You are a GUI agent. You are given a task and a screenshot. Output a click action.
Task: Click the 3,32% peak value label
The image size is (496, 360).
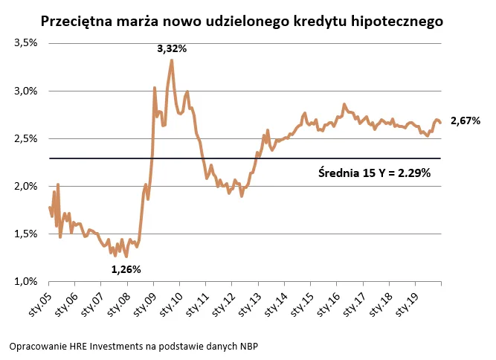coord(171,48)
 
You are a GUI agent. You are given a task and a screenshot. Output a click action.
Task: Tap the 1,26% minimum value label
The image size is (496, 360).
coord(126,269)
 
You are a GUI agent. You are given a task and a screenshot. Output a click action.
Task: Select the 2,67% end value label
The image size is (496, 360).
coord(466,120)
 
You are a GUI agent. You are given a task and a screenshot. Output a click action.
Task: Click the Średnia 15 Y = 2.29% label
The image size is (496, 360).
coord(374,173)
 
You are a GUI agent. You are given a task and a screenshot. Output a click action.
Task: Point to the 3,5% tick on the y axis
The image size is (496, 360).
coord(26,43)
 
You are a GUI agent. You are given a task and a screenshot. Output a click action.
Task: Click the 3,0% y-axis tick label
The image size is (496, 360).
coord(26,91)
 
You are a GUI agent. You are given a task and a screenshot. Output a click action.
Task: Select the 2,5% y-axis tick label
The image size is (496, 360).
coord(26,138)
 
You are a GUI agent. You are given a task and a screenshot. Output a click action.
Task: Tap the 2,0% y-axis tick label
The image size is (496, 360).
coord(26,186)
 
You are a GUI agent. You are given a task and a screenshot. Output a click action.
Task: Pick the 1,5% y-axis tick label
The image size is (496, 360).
coord(26,234)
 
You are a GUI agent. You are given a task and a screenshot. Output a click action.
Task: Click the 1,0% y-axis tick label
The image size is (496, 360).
coord(26,281)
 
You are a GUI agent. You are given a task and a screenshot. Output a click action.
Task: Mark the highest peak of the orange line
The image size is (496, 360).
coord(172,60)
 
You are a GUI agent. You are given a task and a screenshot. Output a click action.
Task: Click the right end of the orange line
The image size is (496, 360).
coord(441,123)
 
